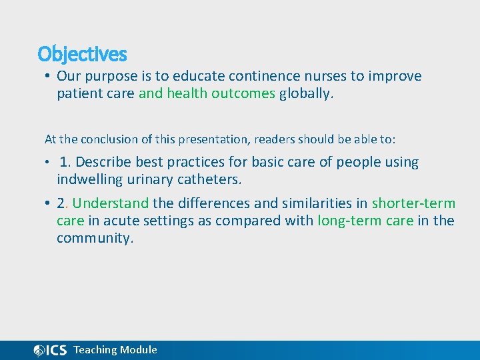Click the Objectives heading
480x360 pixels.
point(82,53)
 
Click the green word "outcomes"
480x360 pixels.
point(243,93)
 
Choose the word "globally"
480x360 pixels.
point(305,93)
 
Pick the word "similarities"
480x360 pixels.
point(312,203)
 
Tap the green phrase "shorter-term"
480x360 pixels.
point(413,203)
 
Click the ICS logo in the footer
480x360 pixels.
point(50,351)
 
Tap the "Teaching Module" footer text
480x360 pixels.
point(115,350)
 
